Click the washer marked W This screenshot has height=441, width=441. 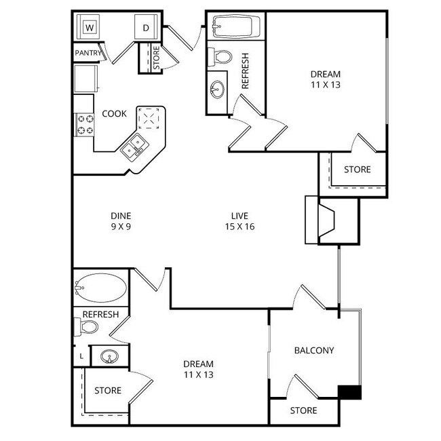[x=89, y=28]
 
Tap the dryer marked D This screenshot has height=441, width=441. [x=146, y=28]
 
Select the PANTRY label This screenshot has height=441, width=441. [x=88, y=52]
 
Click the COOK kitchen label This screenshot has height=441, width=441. [x=114, y=113]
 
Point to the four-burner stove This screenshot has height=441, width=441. [x=83, y=123]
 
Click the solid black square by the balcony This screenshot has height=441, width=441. [x=349, y=392]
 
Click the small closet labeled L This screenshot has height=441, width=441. [x=81, y=356]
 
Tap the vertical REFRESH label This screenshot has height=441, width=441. [x=246, y=71]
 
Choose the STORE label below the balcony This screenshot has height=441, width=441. [x=303, y=410]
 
